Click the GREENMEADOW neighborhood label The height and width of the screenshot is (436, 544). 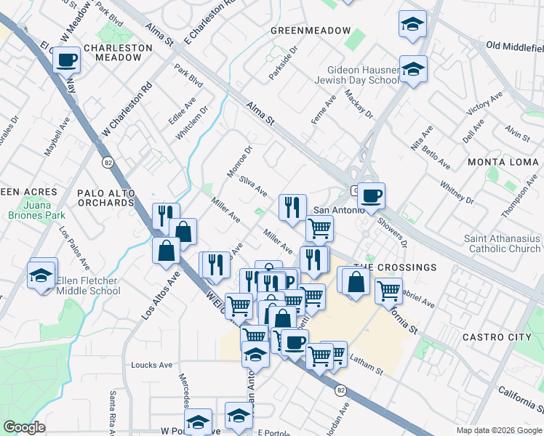[301, 31]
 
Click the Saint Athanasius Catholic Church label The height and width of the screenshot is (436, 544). [503, 243]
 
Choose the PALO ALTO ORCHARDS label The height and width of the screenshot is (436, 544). [105, 198]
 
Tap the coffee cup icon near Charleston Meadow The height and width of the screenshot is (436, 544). [67, 60]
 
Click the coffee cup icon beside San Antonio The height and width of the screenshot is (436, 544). [371, 195]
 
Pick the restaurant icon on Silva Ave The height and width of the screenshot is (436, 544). [292, 206]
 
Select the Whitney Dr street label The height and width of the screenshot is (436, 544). [457, 192]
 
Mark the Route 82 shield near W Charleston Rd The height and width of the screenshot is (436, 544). [108, 161]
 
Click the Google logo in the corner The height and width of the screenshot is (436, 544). [25, 427]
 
